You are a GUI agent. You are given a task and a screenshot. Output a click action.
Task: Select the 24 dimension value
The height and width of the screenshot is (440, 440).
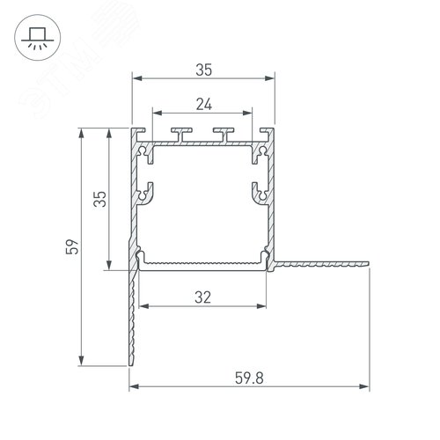(203, 103)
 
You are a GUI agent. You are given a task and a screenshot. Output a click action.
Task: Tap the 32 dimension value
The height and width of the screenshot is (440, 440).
(203, 297)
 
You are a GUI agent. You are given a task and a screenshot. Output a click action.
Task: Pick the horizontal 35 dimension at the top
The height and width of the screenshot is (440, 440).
(203, 68)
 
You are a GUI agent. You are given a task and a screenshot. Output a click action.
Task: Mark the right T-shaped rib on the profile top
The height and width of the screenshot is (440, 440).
(224, 134)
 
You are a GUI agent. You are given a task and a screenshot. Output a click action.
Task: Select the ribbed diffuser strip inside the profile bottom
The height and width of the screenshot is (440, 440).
(203, 262)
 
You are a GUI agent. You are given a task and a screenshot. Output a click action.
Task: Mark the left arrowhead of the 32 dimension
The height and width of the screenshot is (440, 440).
(143, 308)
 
